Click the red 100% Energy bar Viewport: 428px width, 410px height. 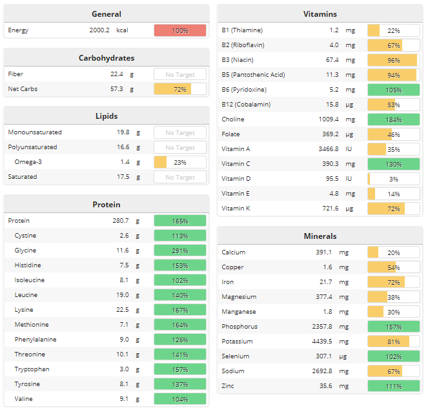(180, 30)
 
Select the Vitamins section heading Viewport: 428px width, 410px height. (320, 14)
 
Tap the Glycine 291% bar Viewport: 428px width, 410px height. (180, 251)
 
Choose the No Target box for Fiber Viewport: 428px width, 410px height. (180, 74)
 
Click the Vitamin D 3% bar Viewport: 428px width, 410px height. (393, 179)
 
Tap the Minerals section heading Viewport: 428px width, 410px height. (320, 236)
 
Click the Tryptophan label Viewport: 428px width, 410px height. (32, 369)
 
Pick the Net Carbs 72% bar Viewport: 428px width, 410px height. (180, 89)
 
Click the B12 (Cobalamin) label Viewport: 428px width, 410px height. (246, 105)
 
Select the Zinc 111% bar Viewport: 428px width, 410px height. (393, 386)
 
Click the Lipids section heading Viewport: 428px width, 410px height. (106, 116)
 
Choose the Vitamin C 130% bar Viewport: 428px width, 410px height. (393, 164)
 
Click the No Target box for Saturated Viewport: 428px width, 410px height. (180, 177)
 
